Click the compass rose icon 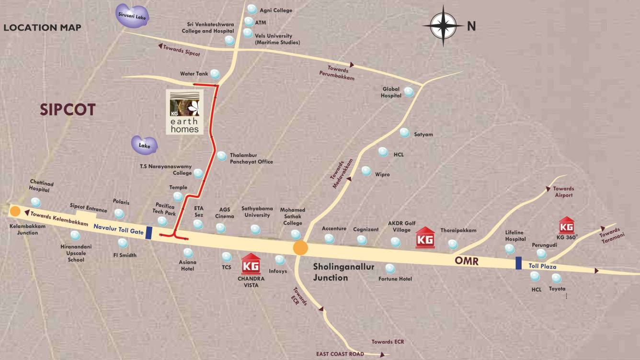(443, 26)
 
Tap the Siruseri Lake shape (134, 15)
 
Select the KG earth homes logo (184, 112)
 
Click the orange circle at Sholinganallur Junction (300, 247)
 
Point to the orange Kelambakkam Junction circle (15, 211)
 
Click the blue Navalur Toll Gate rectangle (149, 233)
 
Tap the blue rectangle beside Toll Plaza (518, 263)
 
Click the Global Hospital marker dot (409, 92)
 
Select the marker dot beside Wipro (366, 171)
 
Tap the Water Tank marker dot (215, 74)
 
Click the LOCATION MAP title (42, 28)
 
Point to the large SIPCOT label (68, 110)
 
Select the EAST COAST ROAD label (340, 354)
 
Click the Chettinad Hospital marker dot (36, 202)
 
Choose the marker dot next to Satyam (405, 133)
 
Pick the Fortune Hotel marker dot (390, 268)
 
